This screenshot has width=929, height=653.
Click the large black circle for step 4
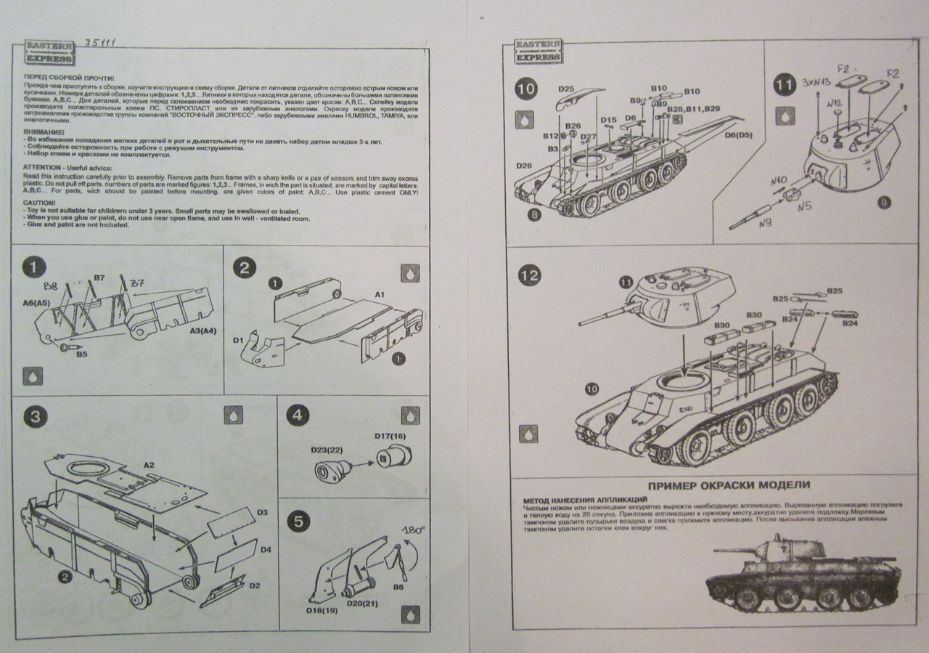pos(297,415)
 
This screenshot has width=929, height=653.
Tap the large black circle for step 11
pos(785,84)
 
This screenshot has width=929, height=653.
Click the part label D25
pos(567,89)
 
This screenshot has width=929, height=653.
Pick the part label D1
pos(237,339)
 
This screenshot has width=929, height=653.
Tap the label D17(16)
pos(390,436)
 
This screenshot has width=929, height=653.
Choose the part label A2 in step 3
pos(148,464)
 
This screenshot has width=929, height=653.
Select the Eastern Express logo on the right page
pos(538,51)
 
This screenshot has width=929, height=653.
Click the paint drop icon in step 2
pos(411,274)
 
